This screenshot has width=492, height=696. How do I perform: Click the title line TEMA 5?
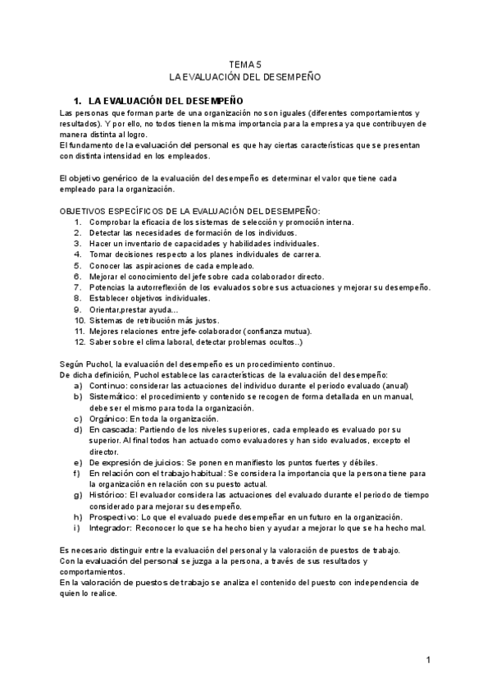(x=245, y=62)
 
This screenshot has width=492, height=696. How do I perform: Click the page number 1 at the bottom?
(x=428, y=659)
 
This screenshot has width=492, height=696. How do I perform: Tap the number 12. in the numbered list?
(x=80, y=341)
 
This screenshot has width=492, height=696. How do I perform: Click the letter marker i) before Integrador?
(x=77, y=527)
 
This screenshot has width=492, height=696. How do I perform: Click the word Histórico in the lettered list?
(x=108, y=495)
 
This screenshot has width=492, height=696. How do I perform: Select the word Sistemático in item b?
(x=113, y=396)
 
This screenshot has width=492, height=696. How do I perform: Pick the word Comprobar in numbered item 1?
(x=111, y=222)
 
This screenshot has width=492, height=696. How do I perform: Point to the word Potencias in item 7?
(x=108, y=287)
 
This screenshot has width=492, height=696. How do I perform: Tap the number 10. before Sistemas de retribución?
(x=80, y=320)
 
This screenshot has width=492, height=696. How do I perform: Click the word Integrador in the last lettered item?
(x=111, y=527)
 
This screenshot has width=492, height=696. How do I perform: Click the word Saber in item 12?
(x=102, y=341)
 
